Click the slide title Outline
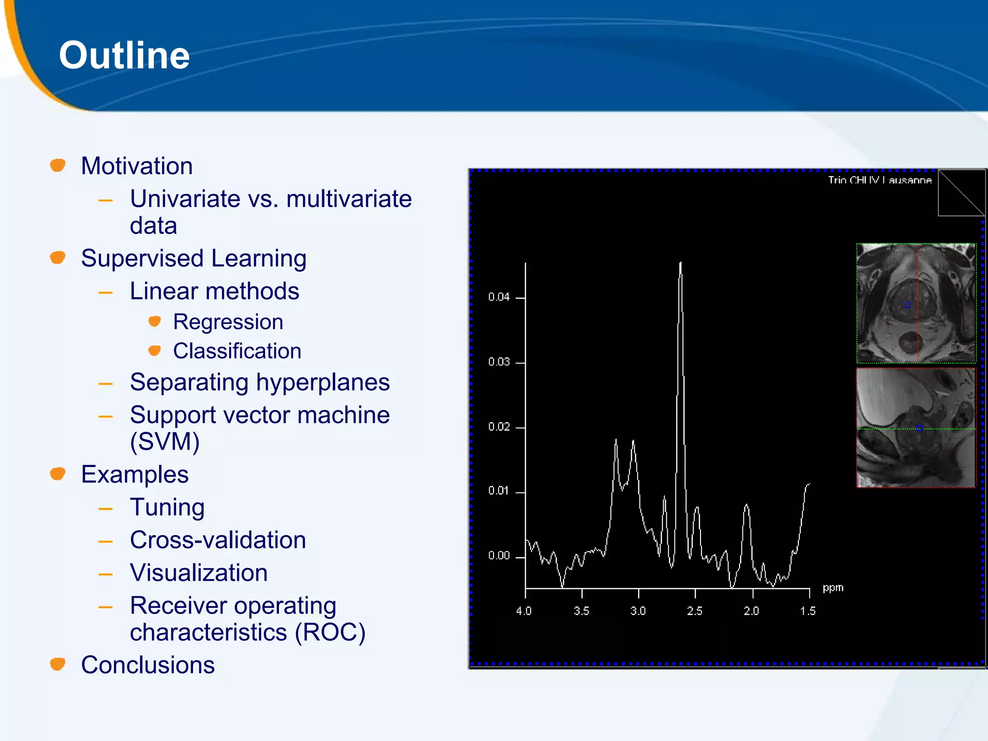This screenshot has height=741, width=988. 124,55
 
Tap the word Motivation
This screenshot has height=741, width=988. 137,166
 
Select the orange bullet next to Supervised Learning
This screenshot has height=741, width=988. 58,258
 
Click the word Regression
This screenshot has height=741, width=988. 228,322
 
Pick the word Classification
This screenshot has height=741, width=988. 237,351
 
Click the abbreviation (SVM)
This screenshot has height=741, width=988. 165,441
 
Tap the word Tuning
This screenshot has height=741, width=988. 167,507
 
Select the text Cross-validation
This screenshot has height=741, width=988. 218,540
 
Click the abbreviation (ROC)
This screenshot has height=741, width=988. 330,632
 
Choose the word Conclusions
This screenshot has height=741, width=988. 148,665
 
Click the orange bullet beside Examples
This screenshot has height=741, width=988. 58,474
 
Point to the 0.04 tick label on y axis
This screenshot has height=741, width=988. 498,297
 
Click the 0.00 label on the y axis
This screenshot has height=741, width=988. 498,556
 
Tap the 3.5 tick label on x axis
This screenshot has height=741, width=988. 581,611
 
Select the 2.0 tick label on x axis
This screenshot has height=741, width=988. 751,611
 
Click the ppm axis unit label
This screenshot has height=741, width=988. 833,588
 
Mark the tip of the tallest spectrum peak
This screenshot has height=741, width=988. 680,263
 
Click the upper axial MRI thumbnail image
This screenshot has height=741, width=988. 916,303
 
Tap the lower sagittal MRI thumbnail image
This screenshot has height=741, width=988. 916,427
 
